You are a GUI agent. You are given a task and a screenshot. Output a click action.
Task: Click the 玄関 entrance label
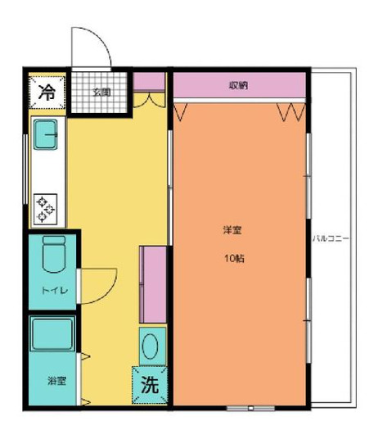pyautogui.click(x=100, y=91)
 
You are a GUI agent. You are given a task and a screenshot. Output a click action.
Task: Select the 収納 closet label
pyautogui.click(x=239, y=84)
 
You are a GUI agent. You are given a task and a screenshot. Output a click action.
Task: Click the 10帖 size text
pyautogui.click(x=235, y=258)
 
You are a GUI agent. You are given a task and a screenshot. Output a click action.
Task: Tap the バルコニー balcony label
pyautogui.click(x=331, y=238)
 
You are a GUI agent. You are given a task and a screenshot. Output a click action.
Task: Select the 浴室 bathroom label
pyautogui.click(x=56, y=381)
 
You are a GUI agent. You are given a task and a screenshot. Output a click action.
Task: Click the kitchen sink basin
pyautogui.click(x=47, y=132)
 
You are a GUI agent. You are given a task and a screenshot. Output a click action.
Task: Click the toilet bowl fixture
pyautogui.click(x=54, y=256)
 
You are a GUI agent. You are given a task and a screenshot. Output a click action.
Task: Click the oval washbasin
pyautogui.click(x=151, y=345)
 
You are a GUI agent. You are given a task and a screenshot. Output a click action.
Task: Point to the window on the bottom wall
pyautogui.click(x=241, y=407)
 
